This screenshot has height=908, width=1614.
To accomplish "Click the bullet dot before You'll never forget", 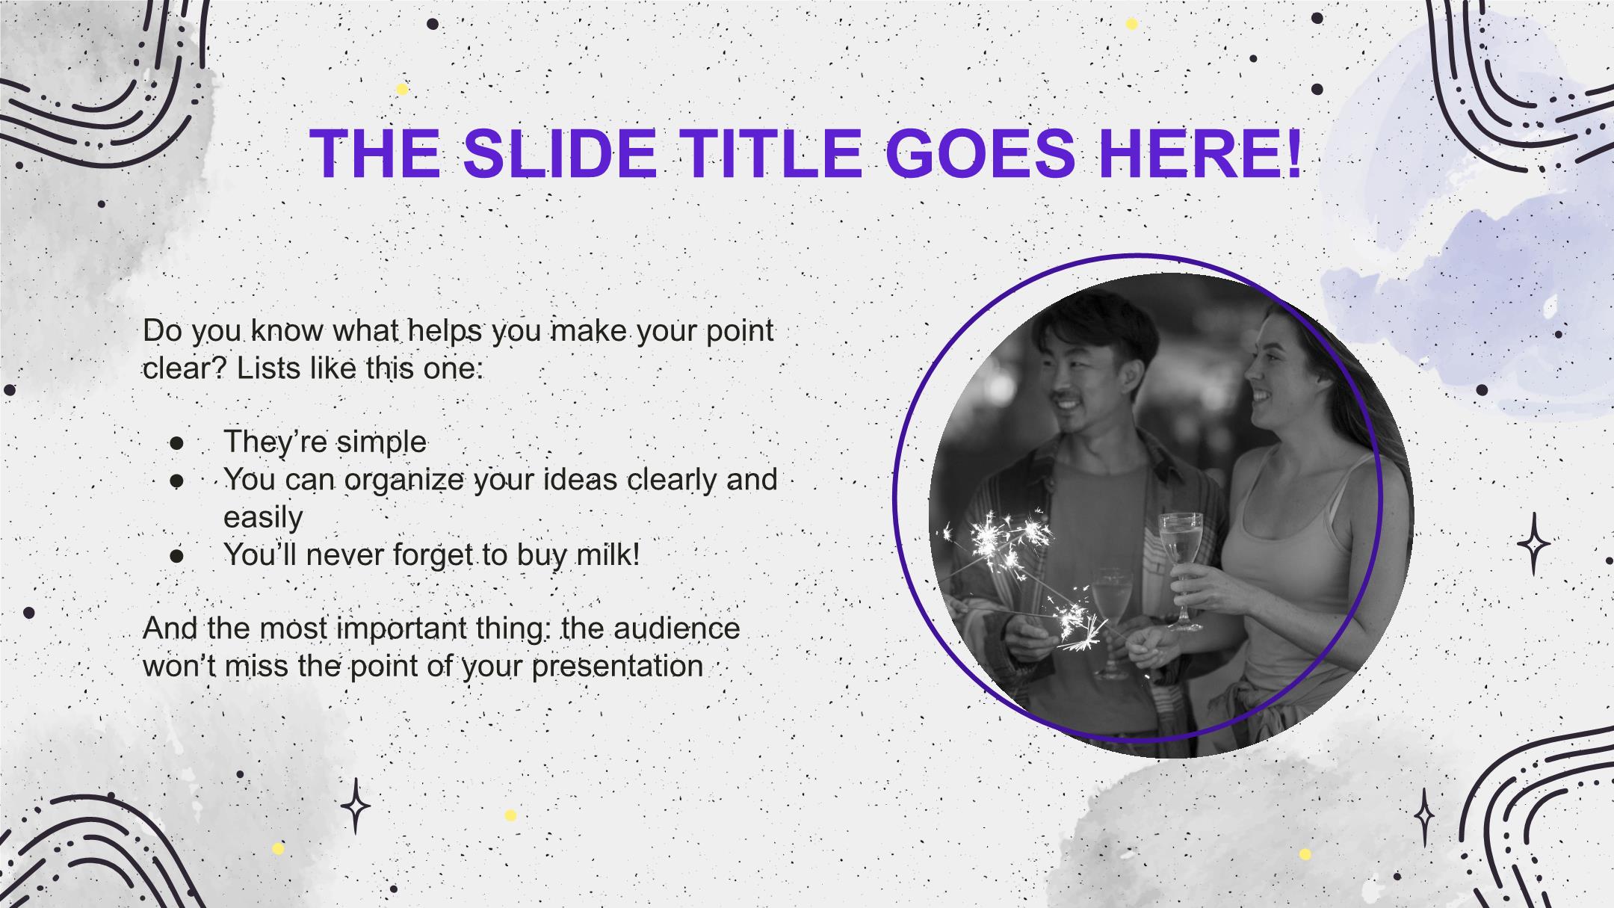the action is (177, 556).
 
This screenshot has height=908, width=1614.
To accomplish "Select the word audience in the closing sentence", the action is (677, 628).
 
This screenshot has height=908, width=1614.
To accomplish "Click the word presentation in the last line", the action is (617, 667).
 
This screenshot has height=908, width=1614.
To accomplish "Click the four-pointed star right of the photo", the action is (1533, 543).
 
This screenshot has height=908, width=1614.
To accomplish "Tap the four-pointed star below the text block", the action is (356, 806).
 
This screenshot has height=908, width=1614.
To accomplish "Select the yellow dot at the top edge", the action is (1131, 24).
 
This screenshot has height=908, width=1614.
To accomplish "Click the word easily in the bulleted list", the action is (263, 518).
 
